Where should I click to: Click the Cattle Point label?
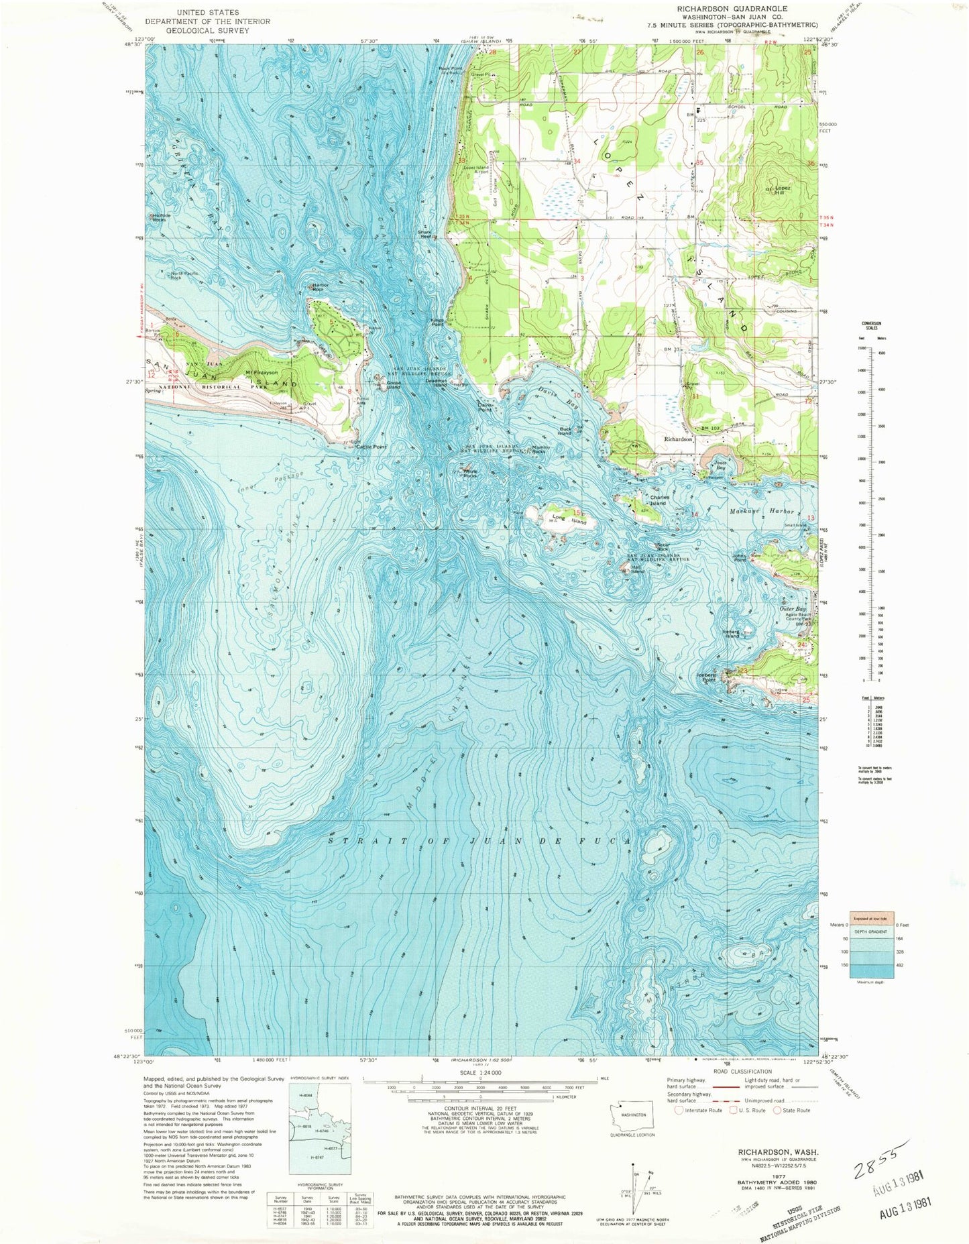(372, 447)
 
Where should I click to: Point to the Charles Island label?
(657, 500)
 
